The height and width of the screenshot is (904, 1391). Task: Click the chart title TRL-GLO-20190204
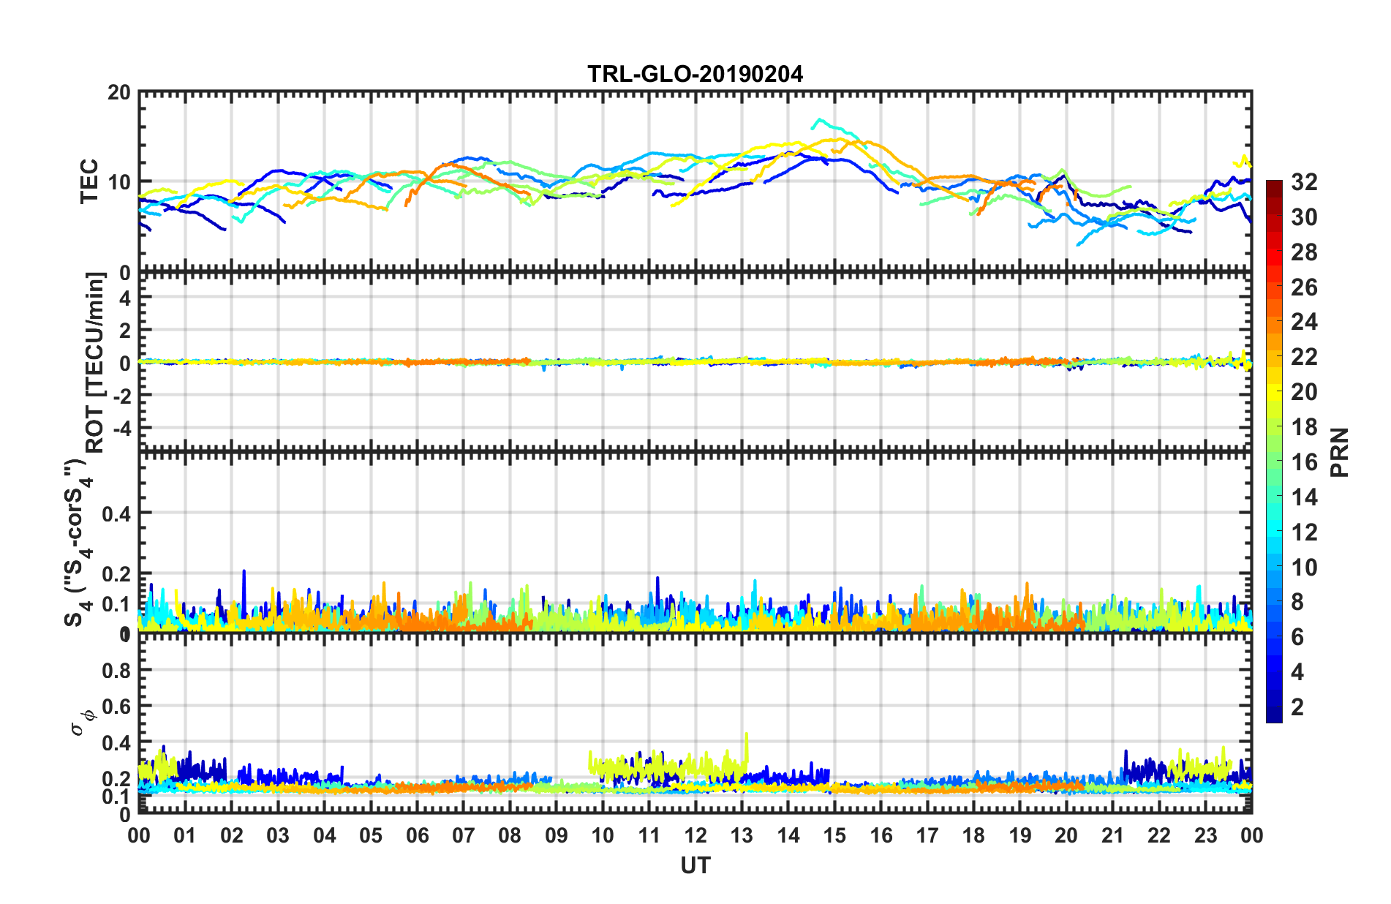coord(695,74)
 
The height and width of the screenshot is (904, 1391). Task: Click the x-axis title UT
coord(695,866)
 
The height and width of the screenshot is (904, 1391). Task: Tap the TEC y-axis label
coord(89,181)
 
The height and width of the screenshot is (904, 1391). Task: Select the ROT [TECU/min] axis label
coord(95,362)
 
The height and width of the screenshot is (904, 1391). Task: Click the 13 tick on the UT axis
coord(742,835)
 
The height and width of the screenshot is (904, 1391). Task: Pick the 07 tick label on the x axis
coord(464,835)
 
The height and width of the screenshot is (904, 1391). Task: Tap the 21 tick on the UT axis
coord(1112,835)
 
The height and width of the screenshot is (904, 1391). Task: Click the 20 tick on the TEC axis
coord(119,93)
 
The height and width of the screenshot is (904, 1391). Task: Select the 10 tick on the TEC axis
coord(119,182)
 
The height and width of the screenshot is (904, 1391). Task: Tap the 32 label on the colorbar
coord(1304,182)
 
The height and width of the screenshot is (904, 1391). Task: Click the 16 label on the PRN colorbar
coord(1304,462)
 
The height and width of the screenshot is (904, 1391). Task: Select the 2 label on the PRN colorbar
coord(1298,707)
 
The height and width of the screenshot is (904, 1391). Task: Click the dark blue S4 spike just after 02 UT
coord(244,572)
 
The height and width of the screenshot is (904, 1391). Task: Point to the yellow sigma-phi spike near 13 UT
coord(746,734)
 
